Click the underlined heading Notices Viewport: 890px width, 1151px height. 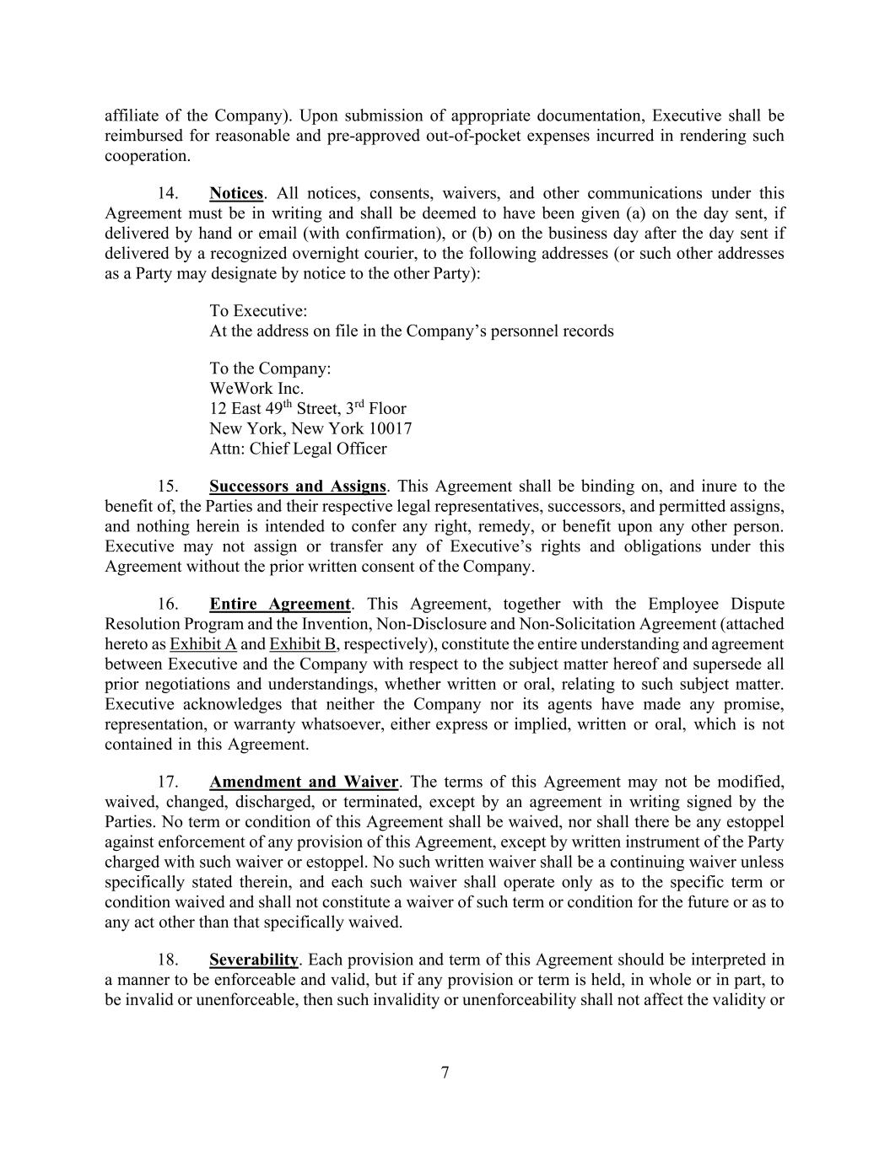[x=236, y=194]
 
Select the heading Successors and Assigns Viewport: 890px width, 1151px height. [x=297, y=487]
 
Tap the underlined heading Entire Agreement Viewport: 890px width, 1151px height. [x=279, y=605]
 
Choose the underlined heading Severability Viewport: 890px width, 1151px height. [x=253, y=960]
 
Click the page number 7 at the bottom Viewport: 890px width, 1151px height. [x=445, y=1073]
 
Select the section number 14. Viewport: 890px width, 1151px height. [x=168, y=194]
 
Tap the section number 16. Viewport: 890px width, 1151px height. [x=168, y=605]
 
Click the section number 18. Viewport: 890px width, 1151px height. [x=168, y=960]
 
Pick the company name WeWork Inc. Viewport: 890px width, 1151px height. [x=256, y=389]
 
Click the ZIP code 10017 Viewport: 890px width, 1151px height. [x=391, y=429]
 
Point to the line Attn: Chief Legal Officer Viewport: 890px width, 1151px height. [x=298, y=449]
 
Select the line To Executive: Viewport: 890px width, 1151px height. [x=258, y=311]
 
